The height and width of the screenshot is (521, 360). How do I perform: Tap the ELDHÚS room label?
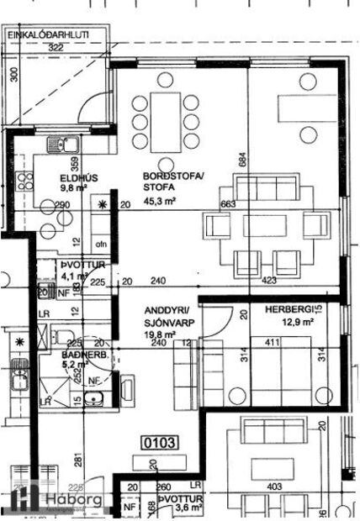(x=74, y=177)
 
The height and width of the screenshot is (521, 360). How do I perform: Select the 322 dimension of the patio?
(x=56, y=48)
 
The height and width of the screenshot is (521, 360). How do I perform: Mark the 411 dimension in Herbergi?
(x=271, y=343)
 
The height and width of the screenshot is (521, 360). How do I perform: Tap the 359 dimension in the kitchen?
(x=76, y=161)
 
